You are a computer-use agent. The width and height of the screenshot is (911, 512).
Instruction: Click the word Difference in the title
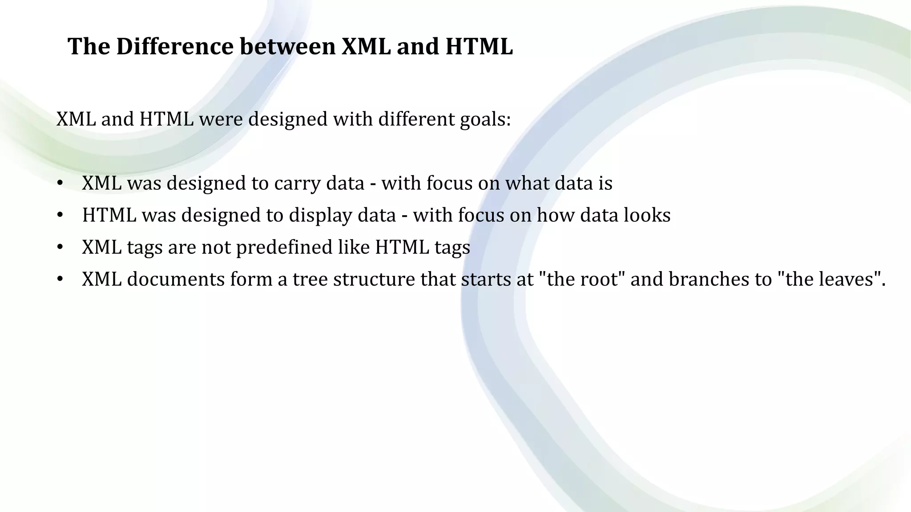[x=174, y=46]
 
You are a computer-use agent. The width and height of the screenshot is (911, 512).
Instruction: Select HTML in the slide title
[x=479, y=46]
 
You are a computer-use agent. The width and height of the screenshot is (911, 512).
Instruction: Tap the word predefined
[x=284, y=248]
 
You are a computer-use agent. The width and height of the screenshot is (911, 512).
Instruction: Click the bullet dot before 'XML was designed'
[x=60, y=184]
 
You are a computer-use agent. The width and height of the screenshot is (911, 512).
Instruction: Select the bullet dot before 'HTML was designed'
[x=60, y=216]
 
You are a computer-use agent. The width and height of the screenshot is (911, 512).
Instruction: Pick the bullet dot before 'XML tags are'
[x=60, y=248]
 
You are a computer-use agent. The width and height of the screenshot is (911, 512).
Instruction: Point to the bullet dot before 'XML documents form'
[x=60, y=280]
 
